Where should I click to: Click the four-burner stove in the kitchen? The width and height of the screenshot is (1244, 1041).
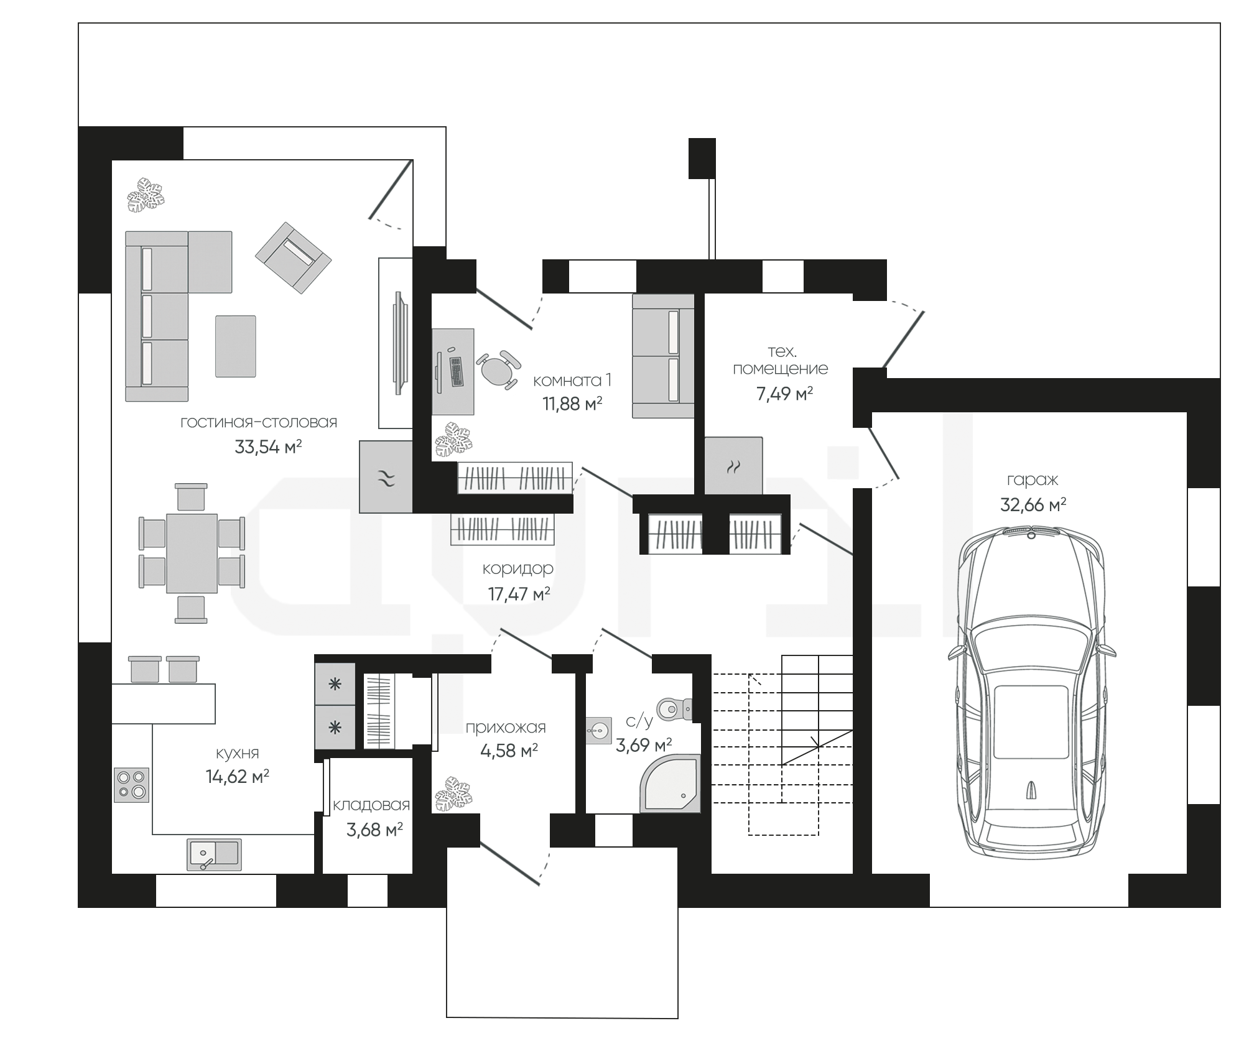132,785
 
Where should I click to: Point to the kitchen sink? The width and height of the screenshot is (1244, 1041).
214,854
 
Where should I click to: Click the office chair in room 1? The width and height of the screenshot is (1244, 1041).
498,370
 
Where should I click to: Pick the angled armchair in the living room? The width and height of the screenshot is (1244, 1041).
293,258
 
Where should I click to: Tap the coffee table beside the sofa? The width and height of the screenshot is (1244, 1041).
236,346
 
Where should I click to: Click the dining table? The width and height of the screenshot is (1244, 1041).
192,553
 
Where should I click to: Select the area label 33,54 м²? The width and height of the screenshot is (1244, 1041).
268,446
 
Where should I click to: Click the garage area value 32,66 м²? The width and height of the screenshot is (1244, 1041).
1033,504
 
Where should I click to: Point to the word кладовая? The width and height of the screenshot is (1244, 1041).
371,805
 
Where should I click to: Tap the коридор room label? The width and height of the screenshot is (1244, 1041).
518,568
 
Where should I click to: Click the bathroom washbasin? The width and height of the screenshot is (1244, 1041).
598,730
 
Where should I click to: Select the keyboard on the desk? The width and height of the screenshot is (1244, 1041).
457,371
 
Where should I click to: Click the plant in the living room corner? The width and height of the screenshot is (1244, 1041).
146,195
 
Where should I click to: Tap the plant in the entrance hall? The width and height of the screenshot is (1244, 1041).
453,794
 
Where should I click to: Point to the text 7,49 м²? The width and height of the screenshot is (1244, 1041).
785,394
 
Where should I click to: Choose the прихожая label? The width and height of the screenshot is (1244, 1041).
506,727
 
